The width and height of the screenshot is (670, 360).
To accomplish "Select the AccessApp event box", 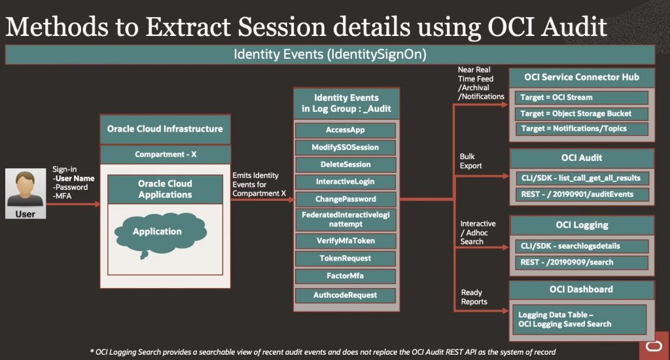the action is point(345,130).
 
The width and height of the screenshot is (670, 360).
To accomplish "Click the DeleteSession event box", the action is point(345,164).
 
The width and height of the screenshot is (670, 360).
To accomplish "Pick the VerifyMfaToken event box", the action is point(345,241).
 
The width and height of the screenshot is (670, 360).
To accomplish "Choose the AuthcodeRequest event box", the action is point(345,295).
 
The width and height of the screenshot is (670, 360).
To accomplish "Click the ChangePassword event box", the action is point(345,199).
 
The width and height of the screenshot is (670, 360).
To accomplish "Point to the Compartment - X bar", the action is point(166,154).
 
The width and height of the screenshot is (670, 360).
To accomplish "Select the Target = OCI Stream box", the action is point(581,98).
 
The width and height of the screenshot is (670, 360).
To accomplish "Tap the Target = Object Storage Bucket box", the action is point(581,114).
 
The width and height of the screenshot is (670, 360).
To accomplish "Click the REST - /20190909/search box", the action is point(581,262).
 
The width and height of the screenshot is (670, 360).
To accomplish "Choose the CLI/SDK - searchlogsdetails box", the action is point(581,246).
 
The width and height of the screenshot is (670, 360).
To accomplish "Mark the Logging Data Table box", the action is point(580,320).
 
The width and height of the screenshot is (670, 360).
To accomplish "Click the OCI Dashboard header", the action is point(581,290).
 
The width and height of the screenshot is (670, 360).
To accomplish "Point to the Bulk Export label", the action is point(470,161).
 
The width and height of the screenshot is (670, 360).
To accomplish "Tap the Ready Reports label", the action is point(474,297).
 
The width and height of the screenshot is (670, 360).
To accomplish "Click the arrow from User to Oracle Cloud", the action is point(73,204).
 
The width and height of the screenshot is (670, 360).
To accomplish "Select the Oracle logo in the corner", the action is point(654,346).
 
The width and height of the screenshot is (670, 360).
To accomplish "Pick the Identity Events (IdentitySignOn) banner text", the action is point(330,55).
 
